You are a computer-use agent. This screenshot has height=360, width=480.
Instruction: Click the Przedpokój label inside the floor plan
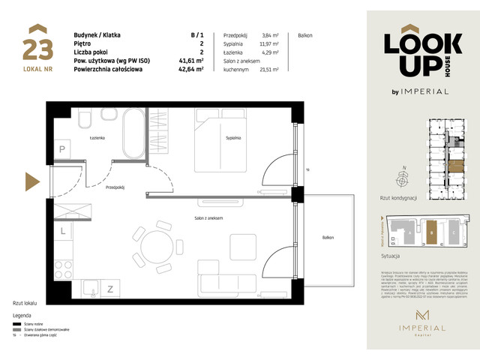[x=115, y=187]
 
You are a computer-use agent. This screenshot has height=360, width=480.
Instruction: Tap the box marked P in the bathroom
[x=63, y=150]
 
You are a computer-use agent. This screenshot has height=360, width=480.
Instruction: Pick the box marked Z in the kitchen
[x=109, y=288]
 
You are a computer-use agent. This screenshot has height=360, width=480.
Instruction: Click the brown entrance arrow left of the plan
[x=32, y=181]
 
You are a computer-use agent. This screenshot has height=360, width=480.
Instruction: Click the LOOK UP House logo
[x=415, y=55]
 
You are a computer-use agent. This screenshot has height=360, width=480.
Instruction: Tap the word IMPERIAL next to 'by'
[x=427, y=91]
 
